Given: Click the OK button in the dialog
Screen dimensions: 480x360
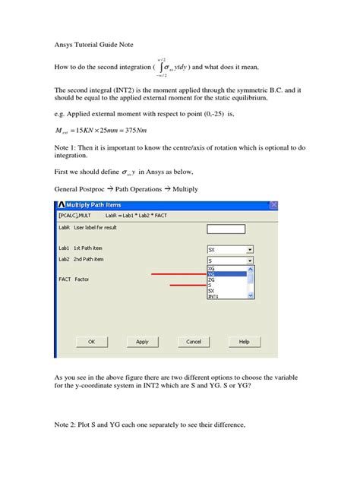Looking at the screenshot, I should point(91,342).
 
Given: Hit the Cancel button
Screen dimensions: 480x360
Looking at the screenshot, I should point(193,342).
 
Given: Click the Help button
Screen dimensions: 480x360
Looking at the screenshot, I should point(244,342).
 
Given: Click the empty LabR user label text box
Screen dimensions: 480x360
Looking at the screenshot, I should point(226,229).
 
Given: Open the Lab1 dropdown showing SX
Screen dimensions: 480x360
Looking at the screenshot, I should point(229,248).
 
